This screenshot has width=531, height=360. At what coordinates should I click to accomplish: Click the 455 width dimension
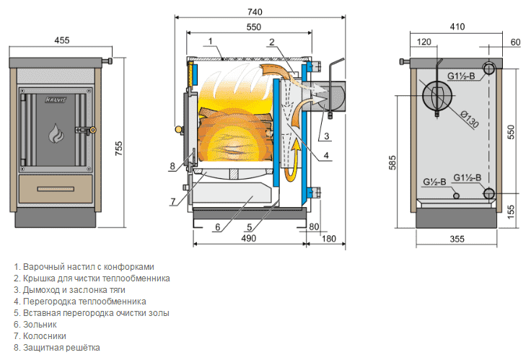[x=61, y=40]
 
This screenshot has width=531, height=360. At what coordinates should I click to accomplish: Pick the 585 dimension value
[x=392, y=165]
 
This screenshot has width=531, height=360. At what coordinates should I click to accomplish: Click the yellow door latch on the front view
[x=90, y=131]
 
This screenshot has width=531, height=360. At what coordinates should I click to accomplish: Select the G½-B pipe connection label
[x=434, y=180]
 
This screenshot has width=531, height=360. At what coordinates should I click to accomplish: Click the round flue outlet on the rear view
[x=438, y=95]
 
